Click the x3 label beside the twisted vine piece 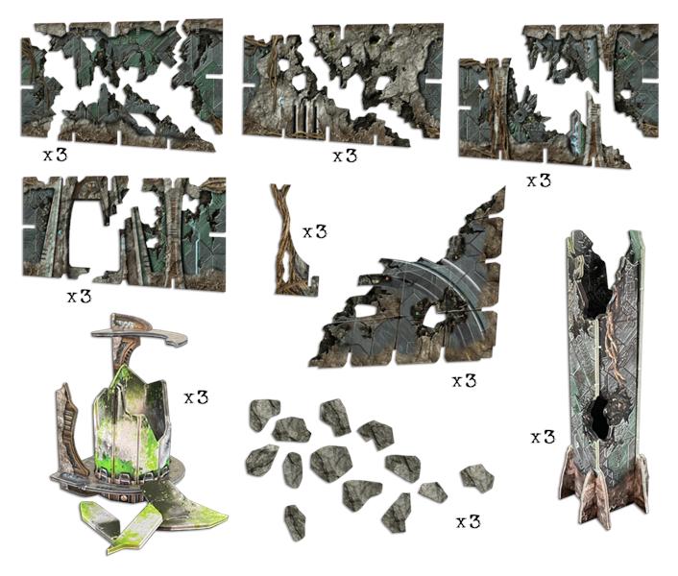[x=314, y=232]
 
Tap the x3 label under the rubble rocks [x=469, y=522]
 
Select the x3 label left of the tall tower [x=543, y=438]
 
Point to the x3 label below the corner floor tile [x=464, y=381]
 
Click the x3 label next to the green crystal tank [x=196, y=397]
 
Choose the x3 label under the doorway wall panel [x=79, y=297]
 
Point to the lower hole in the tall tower [x=600, y=417]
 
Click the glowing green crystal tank [x=130, y=425]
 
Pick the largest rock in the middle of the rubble [x=330, y=464]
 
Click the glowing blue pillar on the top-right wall [x=578, y=134]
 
